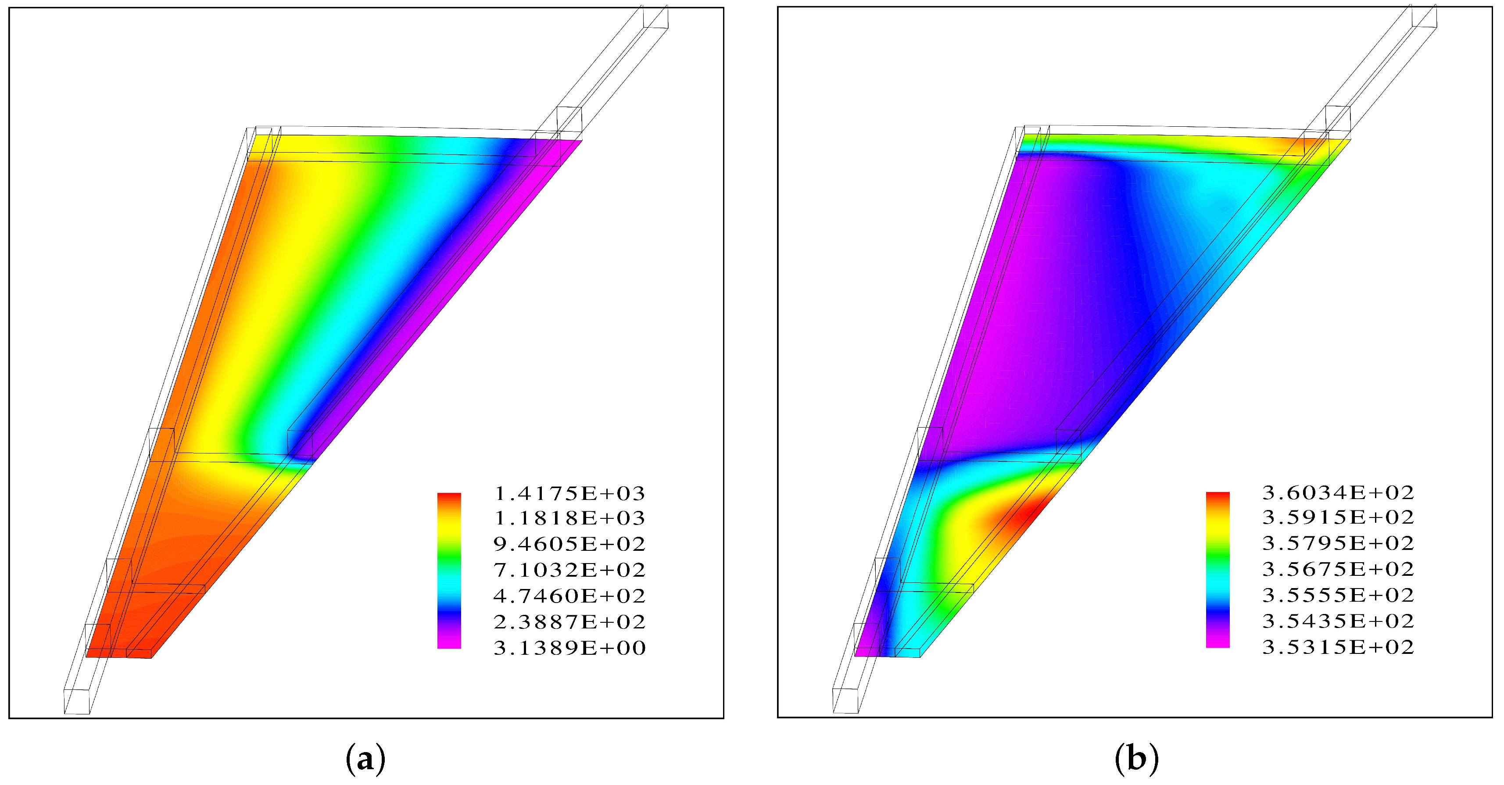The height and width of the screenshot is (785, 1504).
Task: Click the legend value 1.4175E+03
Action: [x=569, y=494]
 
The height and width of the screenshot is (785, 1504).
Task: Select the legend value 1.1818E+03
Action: [x=569, y=518]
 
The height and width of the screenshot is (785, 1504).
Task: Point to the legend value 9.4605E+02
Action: [x=569, y=544]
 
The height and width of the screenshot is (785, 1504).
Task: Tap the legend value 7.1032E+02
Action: [x=569, y=570]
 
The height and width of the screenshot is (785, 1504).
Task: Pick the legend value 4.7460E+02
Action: [x=569, y=596]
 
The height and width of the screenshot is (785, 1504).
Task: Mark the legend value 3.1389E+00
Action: [x=569, y=648]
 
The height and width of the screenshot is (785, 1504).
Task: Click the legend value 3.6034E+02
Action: [x=1338, y=493]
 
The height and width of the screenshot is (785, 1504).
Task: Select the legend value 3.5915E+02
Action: [x=1338, y=517]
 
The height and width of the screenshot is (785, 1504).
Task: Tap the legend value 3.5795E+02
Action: [x=1338, y=543]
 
